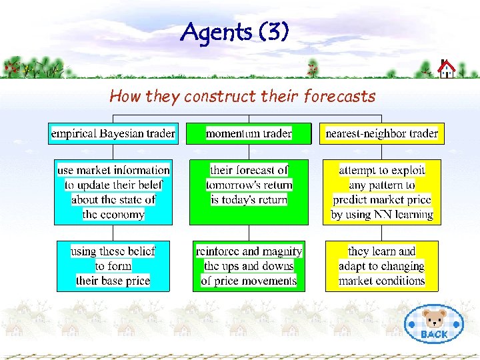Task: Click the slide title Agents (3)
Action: [235, 31]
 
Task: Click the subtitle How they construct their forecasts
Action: [242, 97]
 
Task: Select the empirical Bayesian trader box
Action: [113, 133]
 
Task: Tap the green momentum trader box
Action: [249, 133]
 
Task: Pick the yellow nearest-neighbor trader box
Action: [381, 133]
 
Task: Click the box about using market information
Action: [113, 192]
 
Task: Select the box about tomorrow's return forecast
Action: [249, 192]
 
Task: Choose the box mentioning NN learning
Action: [382, 192]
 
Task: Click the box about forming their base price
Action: [113, 266]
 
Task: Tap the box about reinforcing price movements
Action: [249, 266]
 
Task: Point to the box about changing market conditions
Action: [382, 266]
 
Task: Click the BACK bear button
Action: [434, 324]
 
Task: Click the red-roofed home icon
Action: [446, 68]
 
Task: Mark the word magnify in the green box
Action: [282, 252]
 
